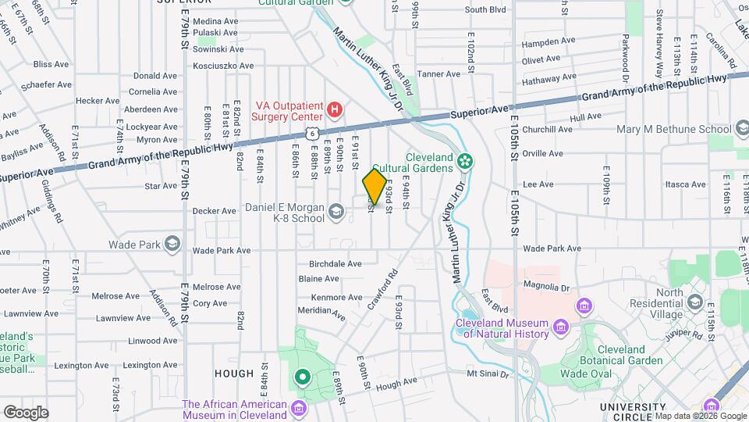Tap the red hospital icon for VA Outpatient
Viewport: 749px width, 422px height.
(x=335, y=109)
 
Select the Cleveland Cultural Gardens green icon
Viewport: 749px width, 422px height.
(x=466, y=162)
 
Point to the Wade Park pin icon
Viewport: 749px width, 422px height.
(x=171, y=245)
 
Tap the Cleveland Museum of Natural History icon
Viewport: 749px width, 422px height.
(x=560, y=326)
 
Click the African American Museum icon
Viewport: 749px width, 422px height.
(x=299, y=409)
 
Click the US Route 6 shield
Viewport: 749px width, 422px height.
(x=312, y=134)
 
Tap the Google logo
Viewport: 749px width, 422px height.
(x=26, y=412)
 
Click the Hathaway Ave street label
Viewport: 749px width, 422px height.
(x=551, y=79)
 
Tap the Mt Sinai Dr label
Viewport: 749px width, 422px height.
(x=488, y=374)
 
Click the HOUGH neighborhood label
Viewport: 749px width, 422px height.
(x=234, y=374)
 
